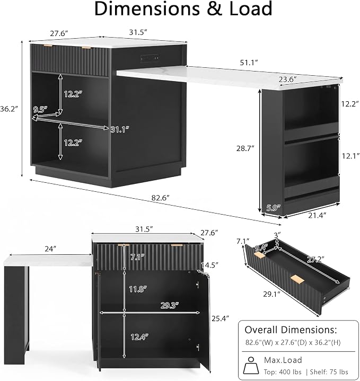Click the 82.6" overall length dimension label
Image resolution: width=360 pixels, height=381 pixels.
tap(160, 198)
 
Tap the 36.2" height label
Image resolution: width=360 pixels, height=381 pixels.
tap(9, 109)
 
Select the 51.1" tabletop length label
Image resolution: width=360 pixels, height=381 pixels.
tap(249, 63)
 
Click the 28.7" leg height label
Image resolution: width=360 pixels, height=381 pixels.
tap(245, 148)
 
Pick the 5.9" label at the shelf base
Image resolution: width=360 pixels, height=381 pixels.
tap(273, 208)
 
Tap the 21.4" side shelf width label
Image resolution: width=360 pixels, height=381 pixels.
tap(317, 215)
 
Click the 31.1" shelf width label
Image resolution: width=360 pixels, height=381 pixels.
tap(120, 129)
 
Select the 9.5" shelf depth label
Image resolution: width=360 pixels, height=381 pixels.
tap(40, 109)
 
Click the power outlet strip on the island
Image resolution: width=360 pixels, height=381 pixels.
tap(150, 58)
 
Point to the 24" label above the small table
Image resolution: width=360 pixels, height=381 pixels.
tap(50, 249)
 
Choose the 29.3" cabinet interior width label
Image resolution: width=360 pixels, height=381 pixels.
tap(170, 305)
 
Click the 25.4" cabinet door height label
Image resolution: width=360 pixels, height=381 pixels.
tap(220, 318)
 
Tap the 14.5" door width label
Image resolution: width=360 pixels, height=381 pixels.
tap(209, 265)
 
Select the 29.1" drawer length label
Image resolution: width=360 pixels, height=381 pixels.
tap(272, 294)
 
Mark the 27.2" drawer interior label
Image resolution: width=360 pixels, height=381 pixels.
tap(315, 260)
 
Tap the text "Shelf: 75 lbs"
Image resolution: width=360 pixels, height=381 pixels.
tap(329, 372)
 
